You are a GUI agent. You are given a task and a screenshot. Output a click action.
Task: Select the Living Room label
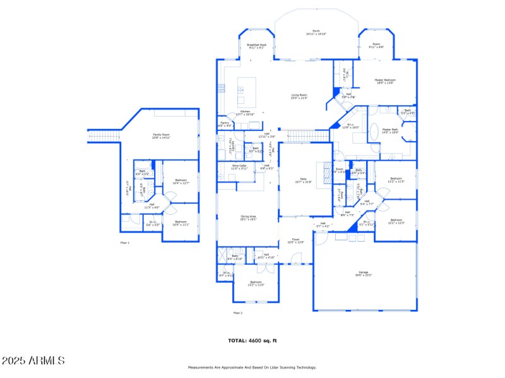[x=299, y=96]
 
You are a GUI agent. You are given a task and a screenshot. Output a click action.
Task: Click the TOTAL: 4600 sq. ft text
[x=252, y=340]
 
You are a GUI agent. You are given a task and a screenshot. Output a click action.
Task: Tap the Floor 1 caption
[x=125, y=243]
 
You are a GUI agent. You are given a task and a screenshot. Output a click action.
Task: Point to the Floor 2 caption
[x=237, y=312]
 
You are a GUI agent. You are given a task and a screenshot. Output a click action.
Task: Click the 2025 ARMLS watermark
[x=33, y=361]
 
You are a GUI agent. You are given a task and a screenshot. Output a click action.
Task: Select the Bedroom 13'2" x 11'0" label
[x=255, y=283]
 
